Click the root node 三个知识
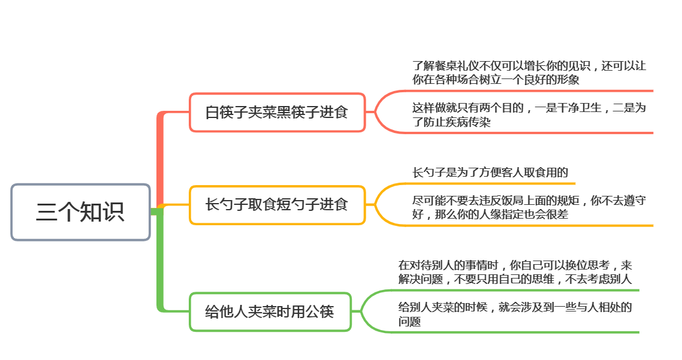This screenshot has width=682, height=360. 80,212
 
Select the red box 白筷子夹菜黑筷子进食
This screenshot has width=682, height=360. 277,112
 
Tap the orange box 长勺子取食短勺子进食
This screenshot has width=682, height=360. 277,205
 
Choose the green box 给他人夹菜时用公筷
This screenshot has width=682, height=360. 270,311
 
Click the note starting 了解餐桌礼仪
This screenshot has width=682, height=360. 529,72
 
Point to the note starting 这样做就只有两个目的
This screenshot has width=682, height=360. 529,115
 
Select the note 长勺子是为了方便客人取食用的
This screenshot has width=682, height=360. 490,173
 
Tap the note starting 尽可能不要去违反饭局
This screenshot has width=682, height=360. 529,207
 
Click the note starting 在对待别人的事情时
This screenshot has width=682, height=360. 515,272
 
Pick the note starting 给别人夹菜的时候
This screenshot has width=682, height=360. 515,314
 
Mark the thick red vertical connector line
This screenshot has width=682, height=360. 160,159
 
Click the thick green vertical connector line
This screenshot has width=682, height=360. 160,261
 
